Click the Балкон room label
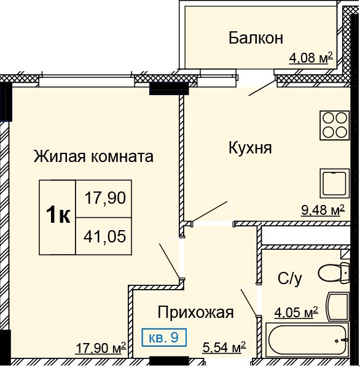[x=256, y=37]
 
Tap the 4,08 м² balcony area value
[x=311, y=58]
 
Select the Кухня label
[x=250, y=148]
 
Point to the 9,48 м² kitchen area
[x=323, y=210]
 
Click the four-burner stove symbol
[x=335, y=126]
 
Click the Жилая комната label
[x=93, y=156]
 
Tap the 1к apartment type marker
[x=58, y=215]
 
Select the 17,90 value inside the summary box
[x=105, y=198]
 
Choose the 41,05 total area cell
[x=104, y=236]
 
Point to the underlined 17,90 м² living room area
[x=101, y=348]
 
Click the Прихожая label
[x=195, y=313]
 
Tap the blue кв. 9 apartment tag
[x=164, y=338]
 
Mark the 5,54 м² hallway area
[x=224, y=347]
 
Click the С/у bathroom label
[x=290, y=279]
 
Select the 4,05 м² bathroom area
[x=296, y=313]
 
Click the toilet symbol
[x=334, y=272]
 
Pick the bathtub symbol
[x=307, y=340]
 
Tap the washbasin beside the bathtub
[x=338, y=306]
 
